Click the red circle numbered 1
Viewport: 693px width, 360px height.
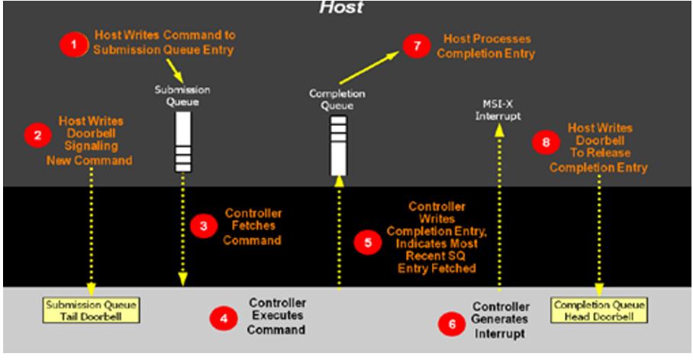pos(74,45)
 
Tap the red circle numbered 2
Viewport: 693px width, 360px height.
pos(36,136)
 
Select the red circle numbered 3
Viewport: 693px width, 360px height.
pos(202,226)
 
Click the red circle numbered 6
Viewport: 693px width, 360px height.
pos(450,324)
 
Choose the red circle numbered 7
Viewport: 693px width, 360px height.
pos(416,47)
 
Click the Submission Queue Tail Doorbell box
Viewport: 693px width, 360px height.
pos(91,310)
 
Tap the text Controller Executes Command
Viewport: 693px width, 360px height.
pos(277,317)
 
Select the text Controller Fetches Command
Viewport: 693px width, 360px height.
pos(253,227)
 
